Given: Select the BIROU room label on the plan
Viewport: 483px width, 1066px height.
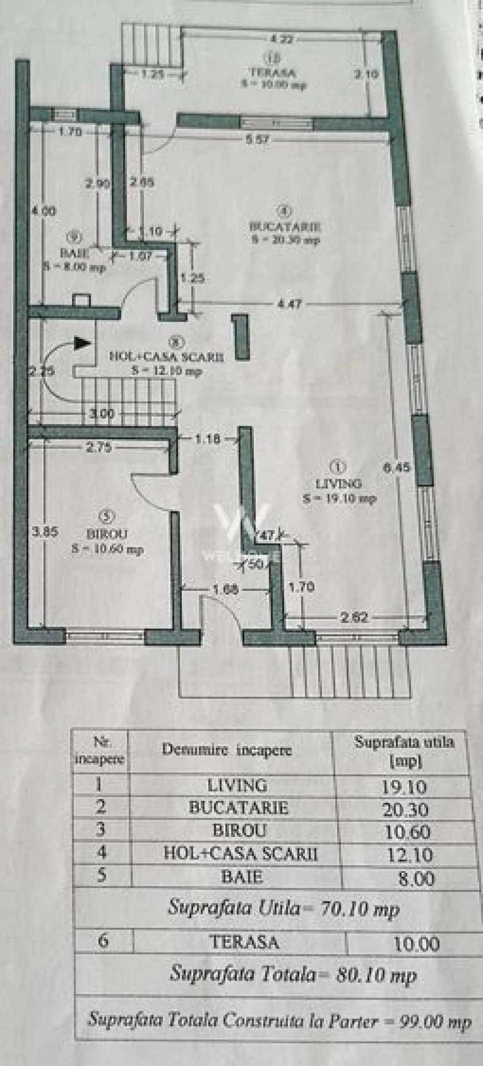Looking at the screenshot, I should coord(107,533).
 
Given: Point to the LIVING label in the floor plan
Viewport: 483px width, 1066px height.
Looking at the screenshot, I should coord(338,483).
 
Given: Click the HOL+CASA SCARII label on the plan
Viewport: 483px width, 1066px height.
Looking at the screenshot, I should coord(167,357).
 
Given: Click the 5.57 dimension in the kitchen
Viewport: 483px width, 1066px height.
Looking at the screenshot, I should coord(257,139).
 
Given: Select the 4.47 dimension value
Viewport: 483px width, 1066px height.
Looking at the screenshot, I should coord(288,303).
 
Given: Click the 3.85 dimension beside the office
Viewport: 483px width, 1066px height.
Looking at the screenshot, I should coord(45,532).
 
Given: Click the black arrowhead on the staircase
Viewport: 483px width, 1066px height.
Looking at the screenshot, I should coord(82,343).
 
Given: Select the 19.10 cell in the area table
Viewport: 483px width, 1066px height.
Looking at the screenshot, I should coord(404,787).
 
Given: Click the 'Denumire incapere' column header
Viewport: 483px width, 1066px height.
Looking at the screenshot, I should coord(226,750).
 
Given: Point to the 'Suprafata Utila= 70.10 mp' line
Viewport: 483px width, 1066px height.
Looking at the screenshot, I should coord(284,907).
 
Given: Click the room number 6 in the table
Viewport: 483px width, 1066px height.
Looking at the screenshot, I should coord(103,941).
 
